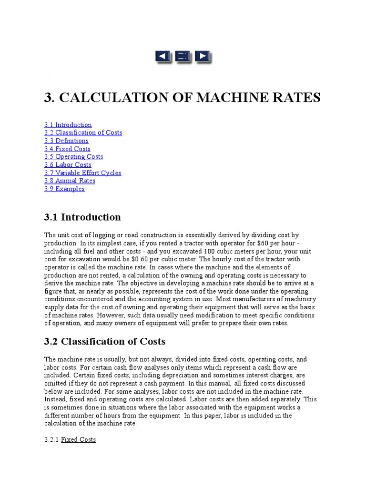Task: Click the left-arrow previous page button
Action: (x=163, y=57)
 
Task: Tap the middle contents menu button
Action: (x=182, y=57)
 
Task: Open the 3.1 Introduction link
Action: (x=68, y=125)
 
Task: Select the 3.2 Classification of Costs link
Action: (x=83, y=133)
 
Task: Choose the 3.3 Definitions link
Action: (x=67, y=141)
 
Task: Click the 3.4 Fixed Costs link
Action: (x=68, y=149)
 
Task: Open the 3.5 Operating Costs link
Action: (x=74, y=157)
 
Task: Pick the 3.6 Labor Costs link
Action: (x=68, y=165)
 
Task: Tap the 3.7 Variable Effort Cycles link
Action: (x=83, y=173)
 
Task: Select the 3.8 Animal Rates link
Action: (x=70, y=181)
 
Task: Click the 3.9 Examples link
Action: (x=65, y=189)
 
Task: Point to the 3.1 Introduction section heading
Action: (x=82, y=217)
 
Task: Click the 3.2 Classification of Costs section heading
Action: (x=105, y=341)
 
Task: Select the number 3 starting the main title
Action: (x=48, y=98)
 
